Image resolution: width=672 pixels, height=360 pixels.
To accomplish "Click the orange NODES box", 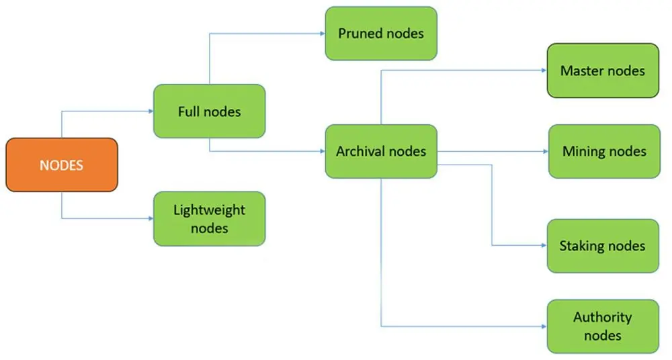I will (x=62, y=165).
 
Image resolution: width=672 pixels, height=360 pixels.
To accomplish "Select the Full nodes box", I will (x=209, y=111).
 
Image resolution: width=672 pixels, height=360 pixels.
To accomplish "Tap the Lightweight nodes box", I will (x=209, y=218).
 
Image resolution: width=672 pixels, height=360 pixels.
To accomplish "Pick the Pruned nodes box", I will (x=381, y=33).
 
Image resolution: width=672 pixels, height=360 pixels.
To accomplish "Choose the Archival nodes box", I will (x=381, y=151).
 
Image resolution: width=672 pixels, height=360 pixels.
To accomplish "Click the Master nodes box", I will (x=603, y=71).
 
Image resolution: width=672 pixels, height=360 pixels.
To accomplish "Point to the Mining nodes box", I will (x=604, y=151).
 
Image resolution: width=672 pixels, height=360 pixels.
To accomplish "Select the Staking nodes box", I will (x=603, y=246).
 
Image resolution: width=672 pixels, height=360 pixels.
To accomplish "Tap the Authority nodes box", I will (x=603, y=326).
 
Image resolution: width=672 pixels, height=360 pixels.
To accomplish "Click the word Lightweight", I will (x=209, y=210).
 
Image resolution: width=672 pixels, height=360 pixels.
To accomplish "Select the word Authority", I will (x=603, y=318).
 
